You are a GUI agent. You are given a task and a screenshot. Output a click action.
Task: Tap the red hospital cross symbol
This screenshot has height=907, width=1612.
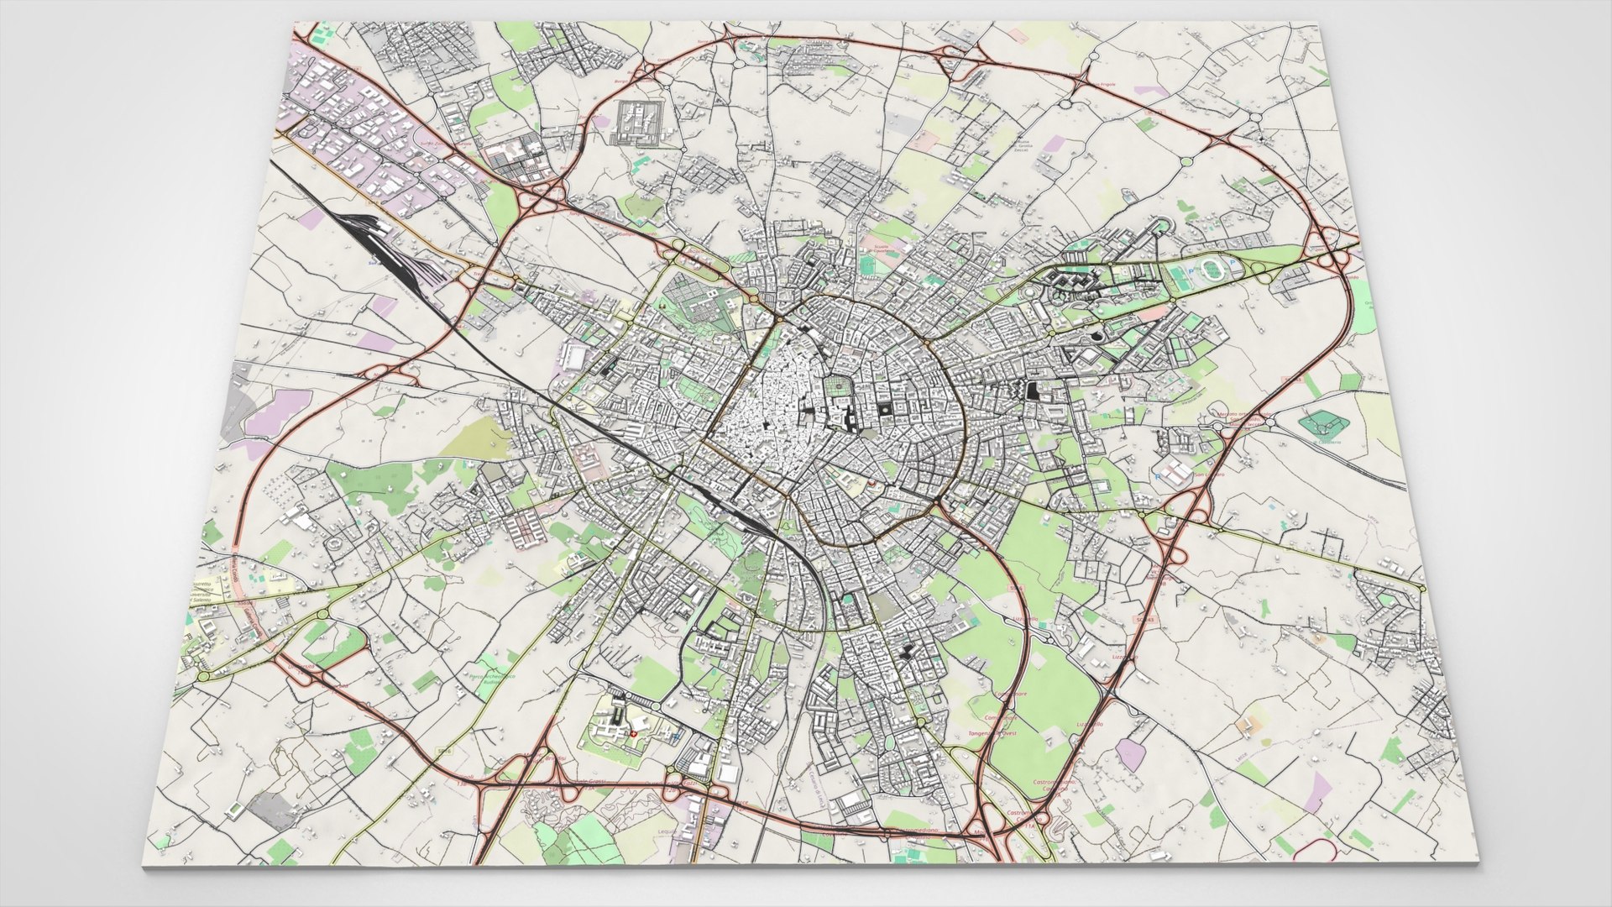(x=634, y=733)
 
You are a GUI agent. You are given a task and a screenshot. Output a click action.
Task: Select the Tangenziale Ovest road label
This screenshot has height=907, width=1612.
(x=992, y=733)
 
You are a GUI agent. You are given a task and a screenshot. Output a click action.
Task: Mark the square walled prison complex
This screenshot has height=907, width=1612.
(x=638, y=123)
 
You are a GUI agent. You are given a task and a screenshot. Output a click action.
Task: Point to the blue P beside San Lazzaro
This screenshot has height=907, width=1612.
(x=1157, y=477)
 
